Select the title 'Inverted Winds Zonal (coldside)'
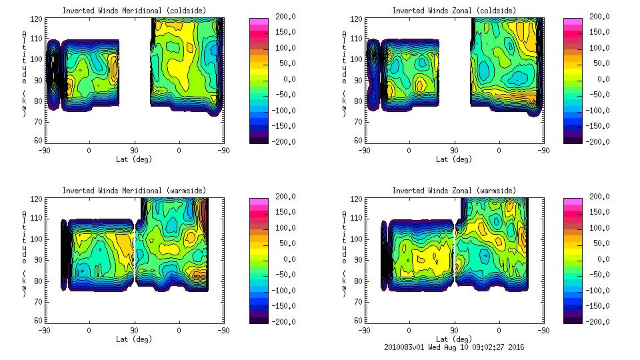pos(454,11)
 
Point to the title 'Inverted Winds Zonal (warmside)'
pos(454,191)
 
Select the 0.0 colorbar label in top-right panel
pos(603,79)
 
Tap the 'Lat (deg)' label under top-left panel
pos(133,159)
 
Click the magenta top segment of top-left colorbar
pos(259,22)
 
